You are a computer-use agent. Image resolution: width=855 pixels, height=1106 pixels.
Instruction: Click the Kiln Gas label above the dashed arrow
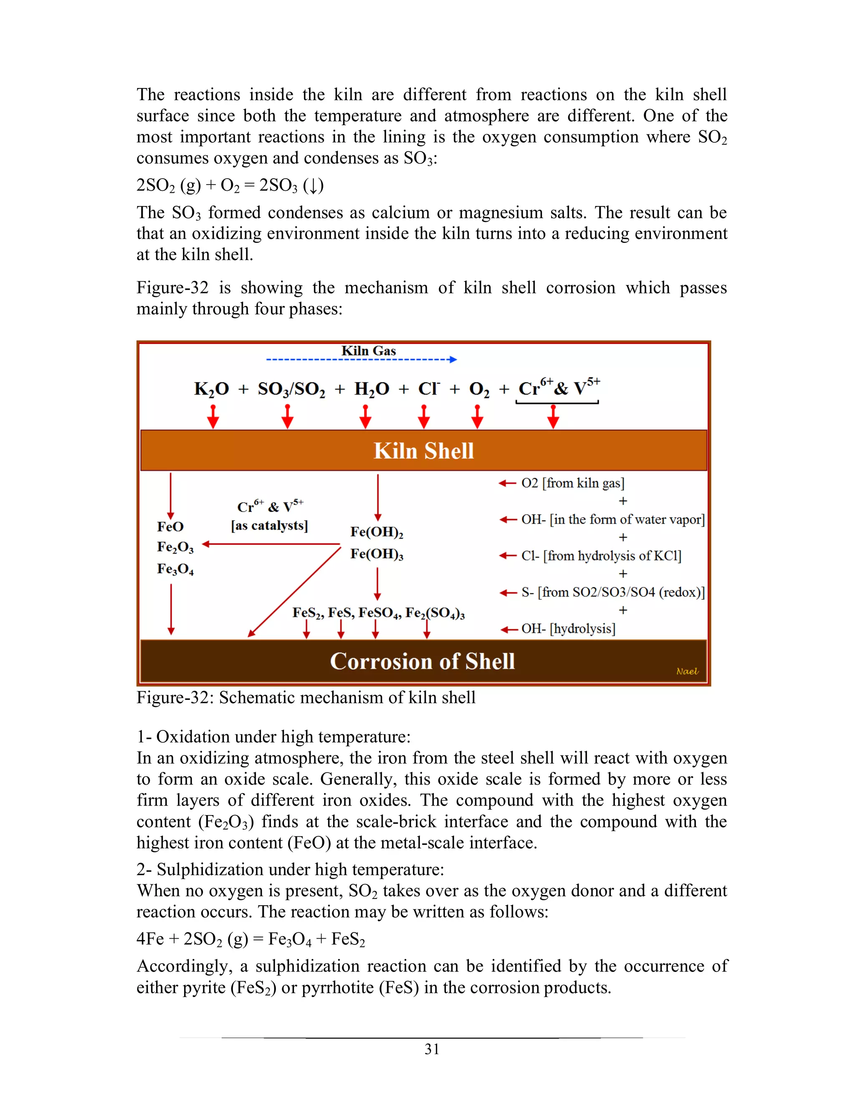(x=368, y=351)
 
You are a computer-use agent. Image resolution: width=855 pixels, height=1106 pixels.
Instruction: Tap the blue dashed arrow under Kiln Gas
(x=361, y=359)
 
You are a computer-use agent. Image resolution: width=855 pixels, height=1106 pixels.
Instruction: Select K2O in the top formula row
(x=211, y=389)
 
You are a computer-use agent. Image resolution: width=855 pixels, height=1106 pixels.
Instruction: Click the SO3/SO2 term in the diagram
(x=291, y=389)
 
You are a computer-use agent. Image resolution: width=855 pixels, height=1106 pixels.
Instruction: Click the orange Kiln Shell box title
(x=423, y=451)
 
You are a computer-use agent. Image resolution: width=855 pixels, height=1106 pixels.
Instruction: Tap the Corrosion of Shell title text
(x=422, y=662)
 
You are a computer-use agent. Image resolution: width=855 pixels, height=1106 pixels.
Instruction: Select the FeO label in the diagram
(x=170, y=527)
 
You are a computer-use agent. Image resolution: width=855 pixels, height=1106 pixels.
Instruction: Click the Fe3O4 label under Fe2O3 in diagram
(x=175, y=569)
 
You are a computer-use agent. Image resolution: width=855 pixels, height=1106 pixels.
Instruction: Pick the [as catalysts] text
(x=269, y=525)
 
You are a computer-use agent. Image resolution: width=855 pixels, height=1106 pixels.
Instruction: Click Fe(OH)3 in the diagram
(x=376, y=554)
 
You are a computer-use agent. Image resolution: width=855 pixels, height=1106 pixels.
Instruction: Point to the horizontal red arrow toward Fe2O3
(x=271, y=544)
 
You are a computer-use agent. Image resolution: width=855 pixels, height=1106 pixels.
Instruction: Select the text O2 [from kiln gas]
(x=572, y=483)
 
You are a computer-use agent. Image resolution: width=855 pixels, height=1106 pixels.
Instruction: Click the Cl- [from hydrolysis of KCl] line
(x=601, y=556)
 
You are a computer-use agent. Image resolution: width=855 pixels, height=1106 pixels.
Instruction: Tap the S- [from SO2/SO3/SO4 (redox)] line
(x=612, y=593)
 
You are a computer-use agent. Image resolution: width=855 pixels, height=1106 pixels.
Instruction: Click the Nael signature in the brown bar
(x=687, y=671)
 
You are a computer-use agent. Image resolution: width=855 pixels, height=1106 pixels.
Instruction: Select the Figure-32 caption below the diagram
(x=306, y=698)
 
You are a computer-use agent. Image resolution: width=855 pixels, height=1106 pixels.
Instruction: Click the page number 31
(x=432, y=1049)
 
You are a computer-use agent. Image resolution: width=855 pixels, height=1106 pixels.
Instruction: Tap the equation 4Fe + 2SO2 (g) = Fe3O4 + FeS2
(x=251, y=939)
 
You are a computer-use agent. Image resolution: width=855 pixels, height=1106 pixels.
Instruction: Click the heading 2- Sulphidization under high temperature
(x=290, y=869)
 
